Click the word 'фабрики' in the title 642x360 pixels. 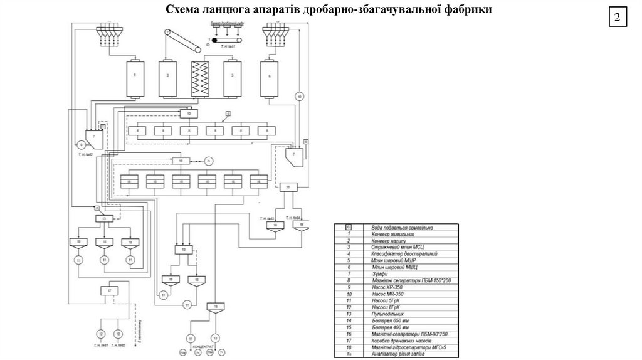click(x=468, y=10)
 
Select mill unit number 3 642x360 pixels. click(x=168, y=78)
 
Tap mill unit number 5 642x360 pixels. click(x=233, y=78)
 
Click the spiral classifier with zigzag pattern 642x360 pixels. click(x=200, y=79)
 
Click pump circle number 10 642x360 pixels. click(x=299, y=97)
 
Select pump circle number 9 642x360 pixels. click(x=81, y=146)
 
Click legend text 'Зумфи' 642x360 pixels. click(x=379, y=274)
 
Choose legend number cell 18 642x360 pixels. click(x=349, y=346)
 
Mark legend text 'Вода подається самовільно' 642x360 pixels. click(x=401, y=226)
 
